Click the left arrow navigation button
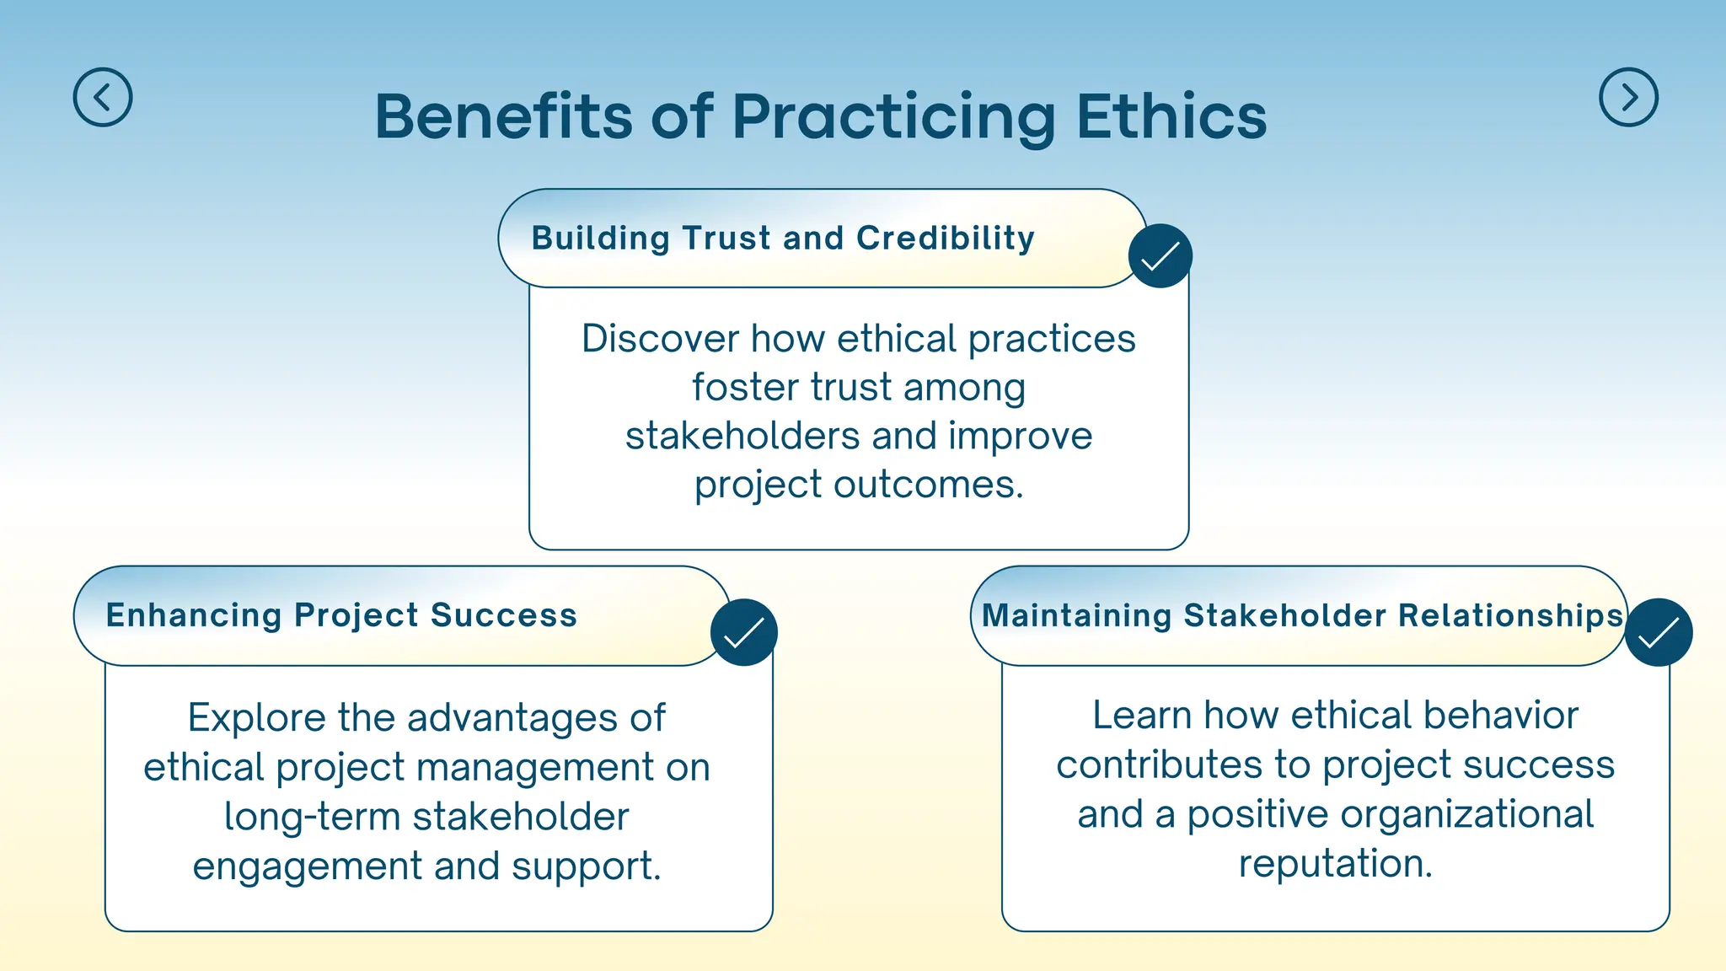point(103,98)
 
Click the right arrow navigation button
point(1628,98)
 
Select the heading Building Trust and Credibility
point(783,239)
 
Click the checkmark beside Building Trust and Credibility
point(1160,256)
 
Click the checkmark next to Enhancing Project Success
point(743,633)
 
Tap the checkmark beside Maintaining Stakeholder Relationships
point(1658,633)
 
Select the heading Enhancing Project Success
point(341,615)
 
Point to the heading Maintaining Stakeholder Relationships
point(1302,615)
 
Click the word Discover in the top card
point(660,339)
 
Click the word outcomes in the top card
point(928,485)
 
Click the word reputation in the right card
point(1335,864)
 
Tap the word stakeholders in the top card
point(742,437)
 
